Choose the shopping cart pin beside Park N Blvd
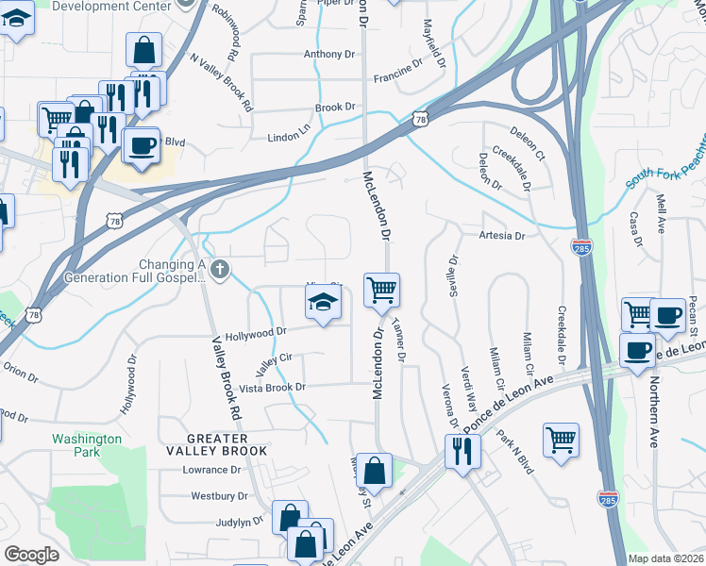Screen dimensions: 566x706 (x=561, y=439)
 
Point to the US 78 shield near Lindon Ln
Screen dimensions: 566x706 (x=421, y=118)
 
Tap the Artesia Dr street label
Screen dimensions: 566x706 (x=501, y=236)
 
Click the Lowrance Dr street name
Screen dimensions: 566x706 (x=212, y=470)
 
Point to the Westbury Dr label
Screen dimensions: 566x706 (x=219, y=495)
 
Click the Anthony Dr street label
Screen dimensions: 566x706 (x=328, y=55)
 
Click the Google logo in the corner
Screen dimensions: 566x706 (x=31, y=555)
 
